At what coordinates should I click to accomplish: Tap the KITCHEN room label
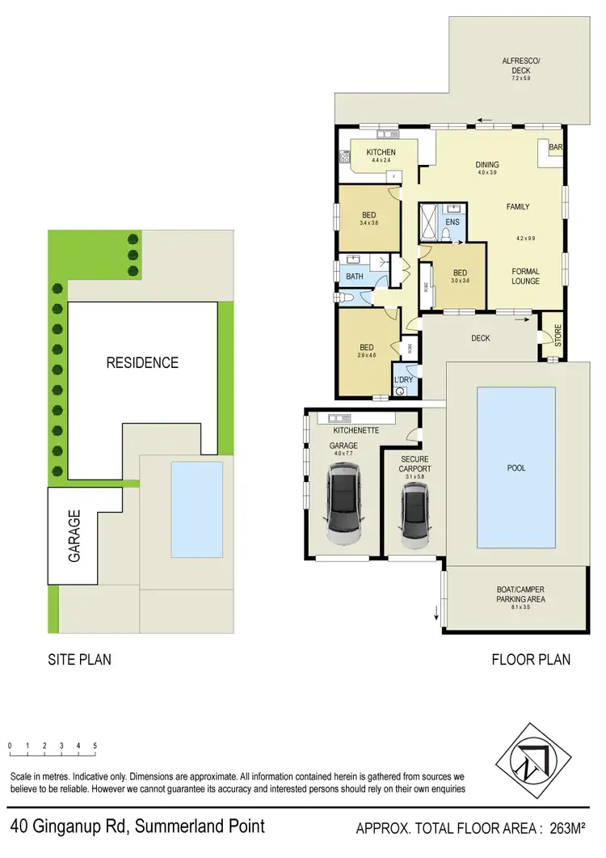(x=381, y=153)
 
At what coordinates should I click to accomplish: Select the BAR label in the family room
(x=555, y=148)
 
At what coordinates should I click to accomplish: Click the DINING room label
(x=487, y=165)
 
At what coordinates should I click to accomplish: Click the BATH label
(x=355, y=277)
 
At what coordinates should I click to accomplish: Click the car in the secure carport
(x=414, y=517)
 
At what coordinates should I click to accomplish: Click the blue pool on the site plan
(x=196, y=509)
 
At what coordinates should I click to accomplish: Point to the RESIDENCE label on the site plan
(x=142, y=363)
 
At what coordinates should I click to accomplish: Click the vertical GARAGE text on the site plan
(x=74, y=535)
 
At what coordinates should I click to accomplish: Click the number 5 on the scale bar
(x=95, y=746)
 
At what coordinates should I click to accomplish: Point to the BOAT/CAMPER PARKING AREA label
(x=520, y=595)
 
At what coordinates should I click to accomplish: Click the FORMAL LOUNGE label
(x=525, y=277)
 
